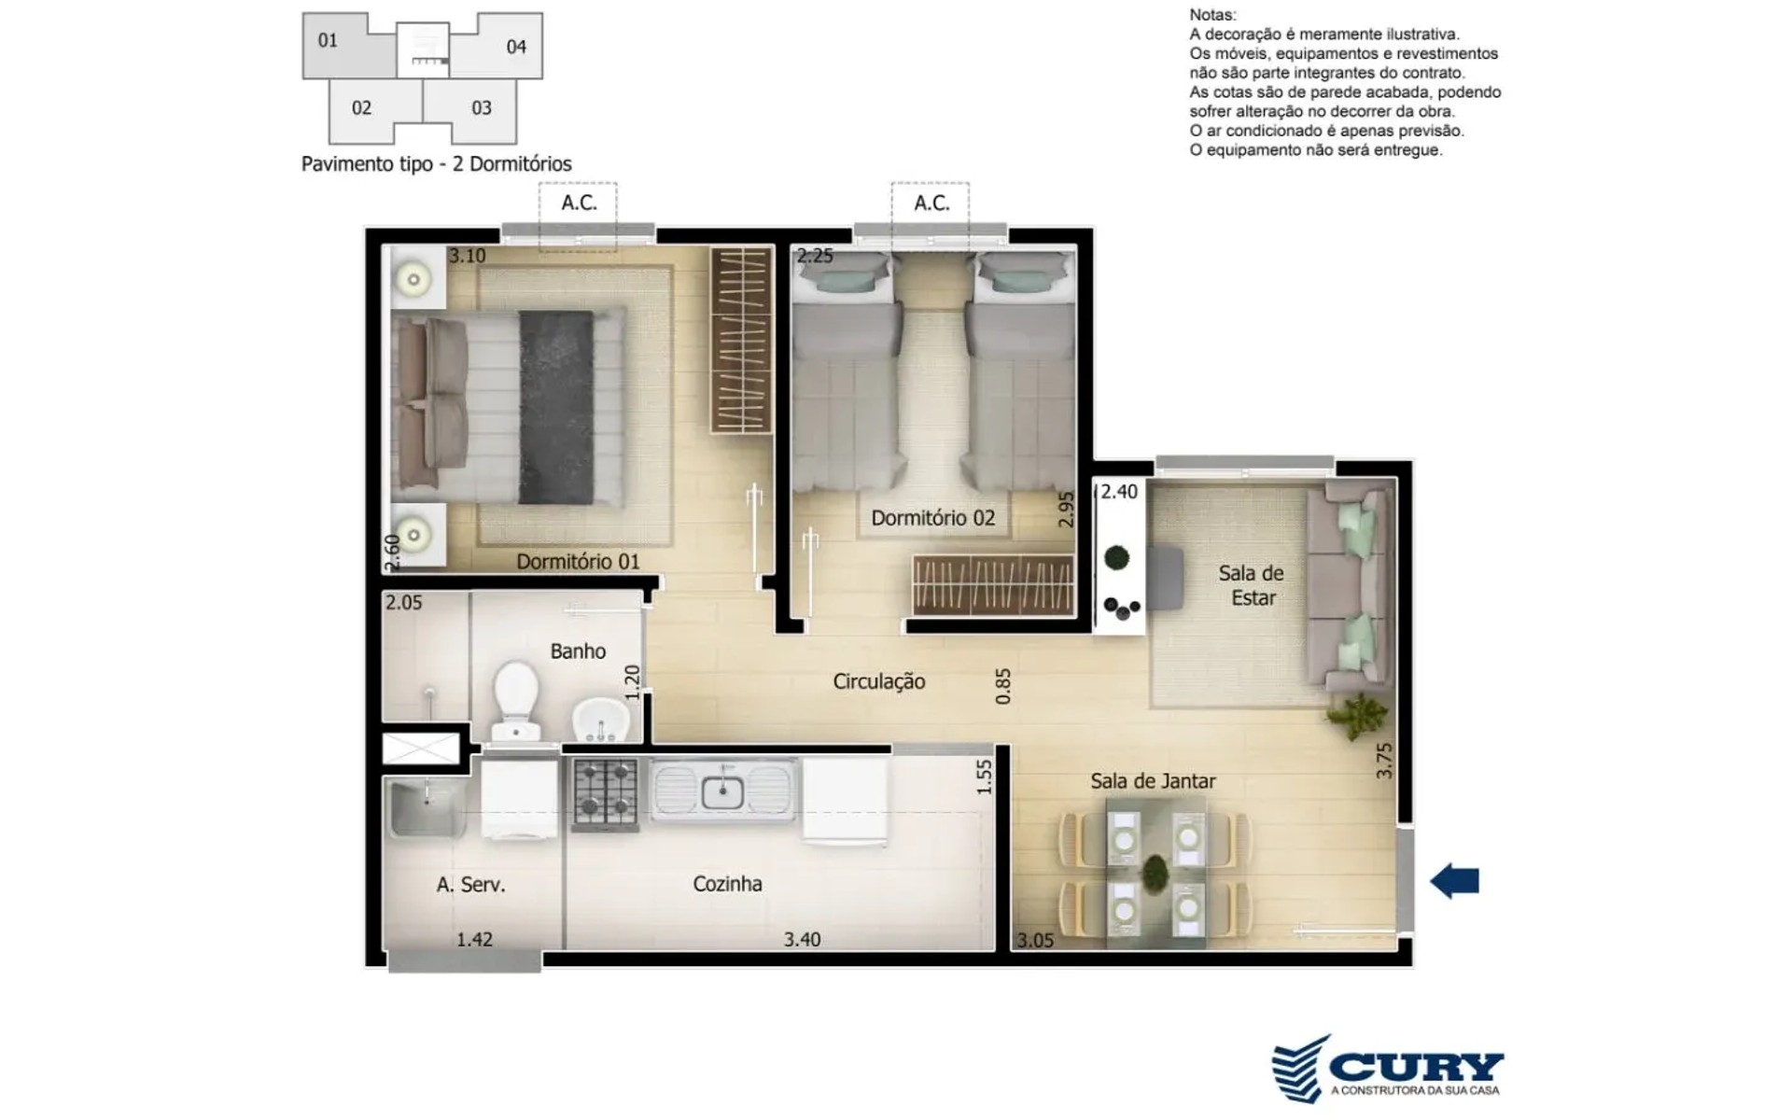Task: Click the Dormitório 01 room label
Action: click(x=578, y=562)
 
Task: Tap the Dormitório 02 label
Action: click(x=933, y=518)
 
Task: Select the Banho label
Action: click(x=578, y=651)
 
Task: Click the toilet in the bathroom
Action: click(x=516, y=701)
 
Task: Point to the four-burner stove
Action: click(x=606, y=793)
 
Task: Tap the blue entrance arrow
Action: click(x=1455, y=880)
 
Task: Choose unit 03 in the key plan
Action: click(x=482, y=108)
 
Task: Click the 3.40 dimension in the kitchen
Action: click(x=802, y=940)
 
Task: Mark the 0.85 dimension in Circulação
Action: click(x=1003, y=686)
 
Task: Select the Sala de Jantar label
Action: click(x=1153, y=781)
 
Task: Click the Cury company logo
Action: click(x=1388, y=1069)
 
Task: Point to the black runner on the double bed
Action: click(x=556, y=408)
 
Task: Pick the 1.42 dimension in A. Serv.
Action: click(x=474, y=940)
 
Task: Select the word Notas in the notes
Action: click(x=1212, y=15)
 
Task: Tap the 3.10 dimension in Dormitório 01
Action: click(x=467, y=256)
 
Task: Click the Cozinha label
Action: click(x=727, y=884)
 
